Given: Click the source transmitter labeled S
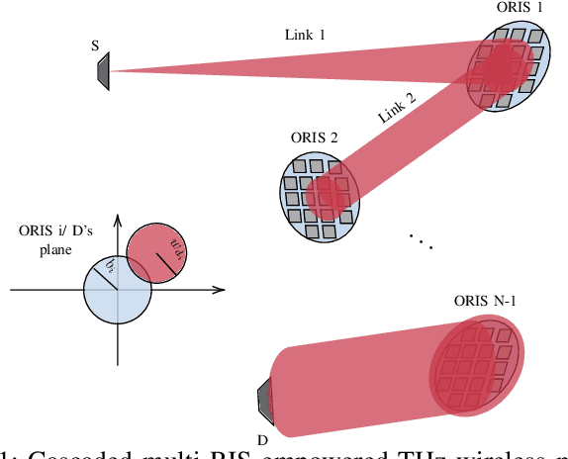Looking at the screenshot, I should tap(102, 70).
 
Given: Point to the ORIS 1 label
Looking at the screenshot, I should tap(519, 8).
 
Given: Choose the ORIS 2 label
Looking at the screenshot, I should tap(315, 137).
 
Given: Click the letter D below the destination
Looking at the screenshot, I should tap(263, 439).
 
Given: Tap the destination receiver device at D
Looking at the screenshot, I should tap(263, 399).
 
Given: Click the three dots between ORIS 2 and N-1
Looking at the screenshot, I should tap(420, 241).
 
